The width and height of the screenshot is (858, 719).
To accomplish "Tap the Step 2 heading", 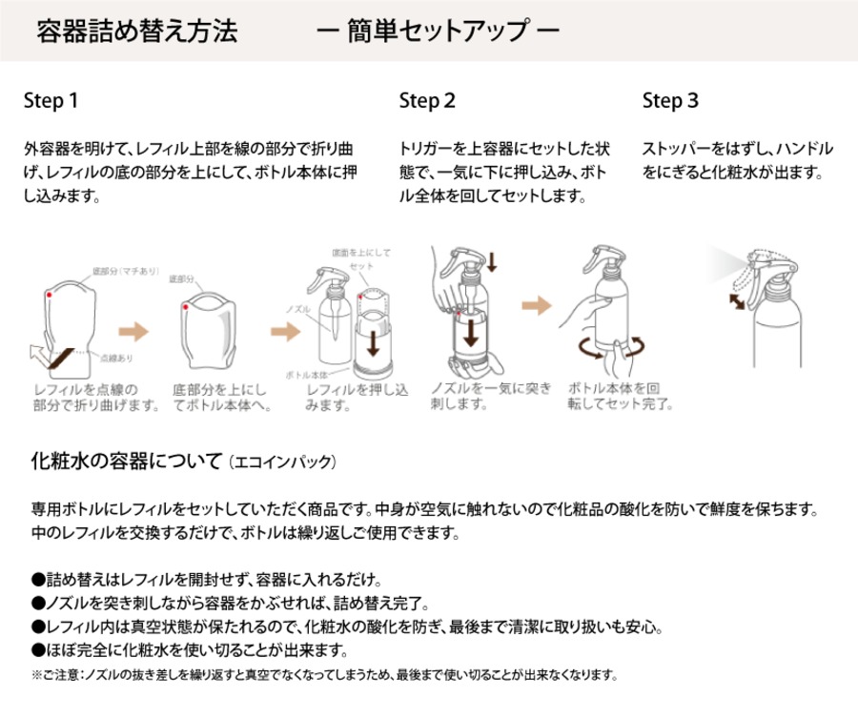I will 427,100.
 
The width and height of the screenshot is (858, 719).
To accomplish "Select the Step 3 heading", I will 670,100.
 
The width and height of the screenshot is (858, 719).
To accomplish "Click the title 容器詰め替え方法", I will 136,30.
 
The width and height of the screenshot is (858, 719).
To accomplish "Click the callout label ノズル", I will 298,309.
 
